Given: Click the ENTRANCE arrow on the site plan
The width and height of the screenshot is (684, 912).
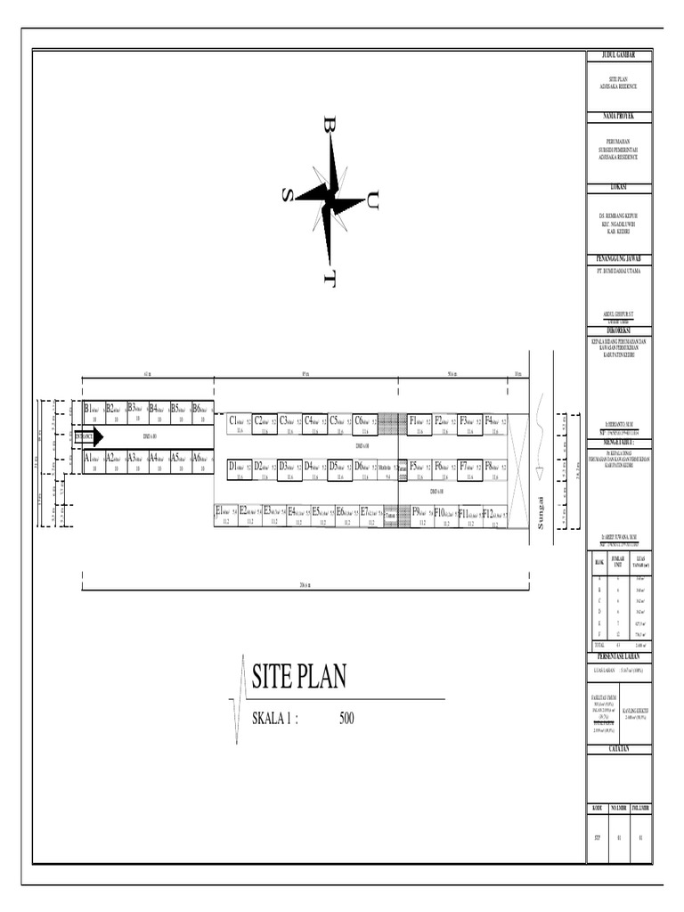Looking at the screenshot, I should [88, 436].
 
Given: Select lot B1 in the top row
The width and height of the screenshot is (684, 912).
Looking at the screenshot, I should [93, 411].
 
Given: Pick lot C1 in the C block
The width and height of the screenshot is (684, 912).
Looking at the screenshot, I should [240, 423].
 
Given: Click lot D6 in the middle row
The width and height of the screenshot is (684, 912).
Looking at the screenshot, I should [364, 468].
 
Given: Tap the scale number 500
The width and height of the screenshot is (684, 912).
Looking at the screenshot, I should [346, 719].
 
